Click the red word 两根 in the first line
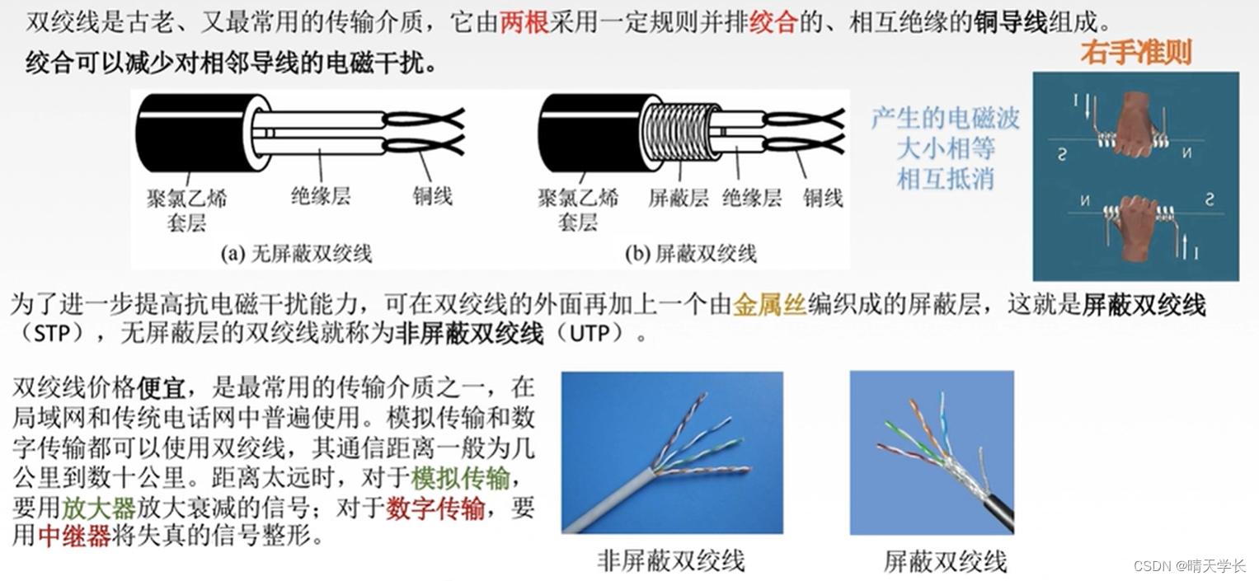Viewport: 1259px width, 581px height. click(x=524, y=22)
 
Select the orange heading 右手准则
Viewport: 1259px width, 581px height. click(x=1136, y=53)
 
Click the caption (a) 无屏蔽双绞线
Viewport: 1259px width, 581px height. click(x=296, y=254)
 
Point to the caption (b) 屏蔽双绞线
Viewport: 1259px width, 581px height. click(x=691, y=254)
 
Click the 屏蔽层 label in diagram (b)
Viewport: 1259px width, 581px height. click(x=678, y=198)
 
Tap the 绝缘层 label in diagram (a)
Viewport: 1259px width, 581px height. click(x=321, y=196)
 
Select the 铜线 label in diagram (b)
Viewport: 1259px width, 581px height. click(x=823, y=198)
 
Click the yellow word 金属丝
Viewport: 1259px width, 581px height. click(x=769, y=304)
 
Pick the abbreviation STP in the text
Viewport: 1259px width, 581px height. click(x=52, y=334)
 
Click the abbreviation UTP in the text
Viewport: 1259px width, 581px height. click(x=590, y=334)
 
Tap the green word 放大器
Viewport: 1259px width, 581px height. click(x=98, y=508)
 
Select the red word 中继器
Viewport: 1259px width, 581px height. click(x=74, y=536)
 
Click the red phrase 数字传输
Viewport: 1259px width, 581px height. click(x=435, y=508)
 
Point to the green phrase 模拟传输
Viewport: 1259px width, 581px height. click(x=460, y=478)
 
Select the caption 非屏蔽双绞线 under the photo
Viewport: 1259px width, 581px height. click(x=671, y=560)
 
